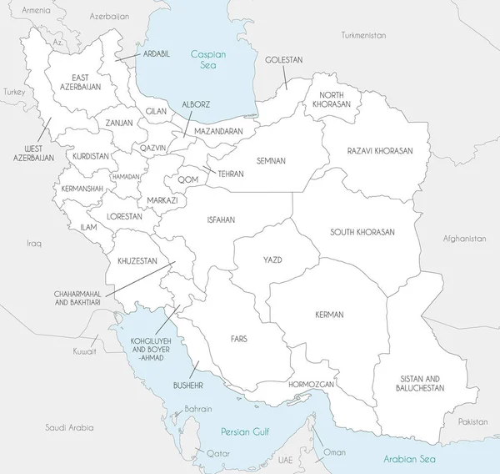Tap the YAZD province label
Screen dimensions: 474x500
[272, 260]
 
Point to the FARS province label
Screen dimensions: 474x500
[239, 340]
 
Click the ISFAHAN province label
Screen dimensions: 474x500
[221, 219]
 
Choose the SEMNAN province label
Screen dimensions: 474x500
[271, 160]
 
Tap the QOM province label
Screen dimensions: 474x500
[187, 179]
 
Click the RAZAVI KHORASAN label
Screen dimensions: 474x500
[380, 151]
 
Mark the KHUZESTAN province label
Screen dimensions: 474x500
[137, 260]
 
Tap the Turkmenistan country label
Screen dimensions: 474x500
[364, 36]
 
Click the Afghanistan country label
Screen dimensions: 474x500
[465, 239]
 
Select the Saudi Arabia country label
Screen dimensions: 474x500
[69, 426]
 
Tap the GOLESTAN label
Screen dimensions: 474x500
[283, 60]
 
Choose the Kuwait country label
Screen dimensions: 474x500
[84, 352]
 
